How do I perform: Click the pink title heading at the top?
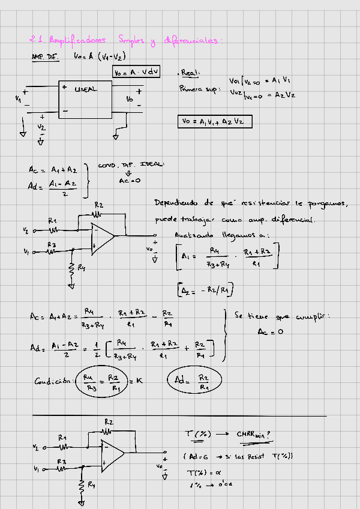[x=126, y=41]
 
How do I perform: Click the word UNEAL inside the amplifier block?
[x=85, y=89]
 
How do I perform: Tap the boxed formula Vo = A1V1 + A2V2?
[x=215, y=121]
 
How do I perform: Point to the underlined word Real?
[x=191, y=73]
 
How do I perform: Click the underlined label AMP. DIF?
[x=43, y=57]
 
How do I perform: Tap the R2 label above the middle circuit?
[x=98, y=206]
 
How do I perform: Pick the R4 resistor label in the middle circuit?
[x=81, y=268]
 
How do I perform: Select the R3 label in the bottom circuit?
[x=61, y=462]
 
